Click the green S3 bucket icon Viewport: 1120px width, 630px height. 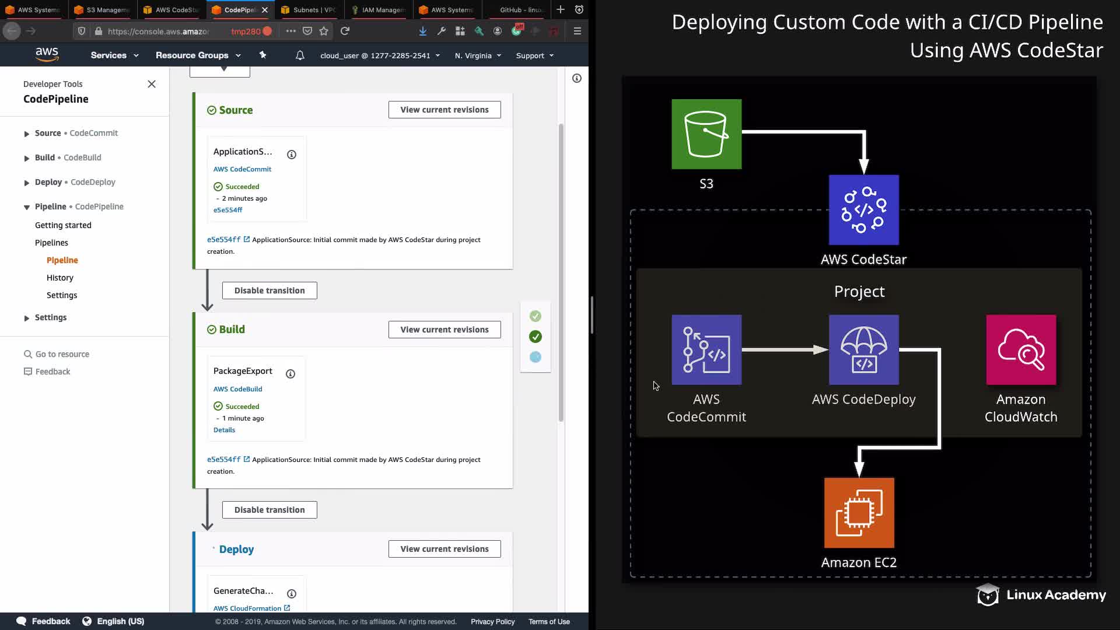pyautogui.click(x=706, y=134)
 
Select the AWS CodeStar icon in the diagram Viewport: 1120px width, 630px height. pyautogui.click(x=864, y=210)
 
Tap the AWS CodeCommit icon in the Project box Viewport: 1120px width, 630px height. pyautogui.click(x=706, y=350)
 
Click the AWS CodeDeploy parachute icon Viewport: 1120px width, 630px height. pyautogui.click(x=864, y=350)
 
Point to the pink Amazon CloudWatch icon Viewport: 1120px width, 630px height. pyautogui.click(x=1021, y=350)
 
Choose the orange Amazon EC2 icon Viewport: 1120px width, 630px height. pyautogui.click(x=859, y=513)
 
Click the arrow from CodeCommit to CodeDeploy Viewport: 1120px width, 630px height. pyautogui.click(x=785, y=350)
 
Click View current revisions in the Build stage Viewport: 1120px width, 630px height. pyautogui.click(x=444, y=330)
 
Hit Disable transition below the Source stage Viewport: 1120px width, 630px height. pyautogui.click(x=269, y=290)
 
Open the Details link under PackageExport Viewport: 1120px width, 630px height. pyautogui.click(x=224, y=430)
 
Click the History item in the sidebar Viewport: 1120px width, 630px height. pyautogui.click(x=60, y=278)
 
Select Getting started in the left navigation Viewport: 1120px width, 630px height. pyautogui.click(x=63, y=225)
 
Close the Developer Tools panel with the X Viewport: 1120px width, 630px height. pyautogui.click(x=152, y=84)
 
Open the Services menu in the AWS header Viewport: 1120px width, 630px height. pyautogui.click(x=114, y=55)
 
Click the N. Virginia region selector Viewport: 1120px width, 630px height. pyautogui.click(x=478, y=55)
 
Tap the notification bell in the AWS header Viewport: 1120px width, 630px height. pyautogui.click(x=300, y=55)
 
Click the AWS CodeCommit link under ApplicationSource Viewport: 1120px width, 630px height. pyautogui.click(x=242, y=169)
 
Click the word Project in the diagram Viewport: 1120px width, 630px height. pyautogui.click(x=859, y=292)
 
